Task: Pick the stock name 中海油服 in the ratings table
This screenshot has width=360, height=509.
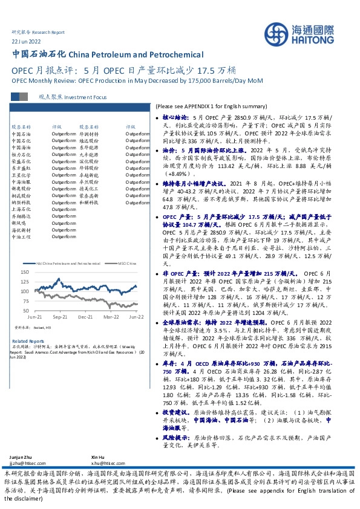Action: click(x=21, y=181)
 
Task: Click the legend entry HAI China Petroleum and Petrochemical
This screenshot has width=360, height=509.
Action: click(x=66, y=264)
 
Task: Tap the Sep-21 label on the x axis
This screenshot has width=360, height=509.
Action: click(x=60, y=316)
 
